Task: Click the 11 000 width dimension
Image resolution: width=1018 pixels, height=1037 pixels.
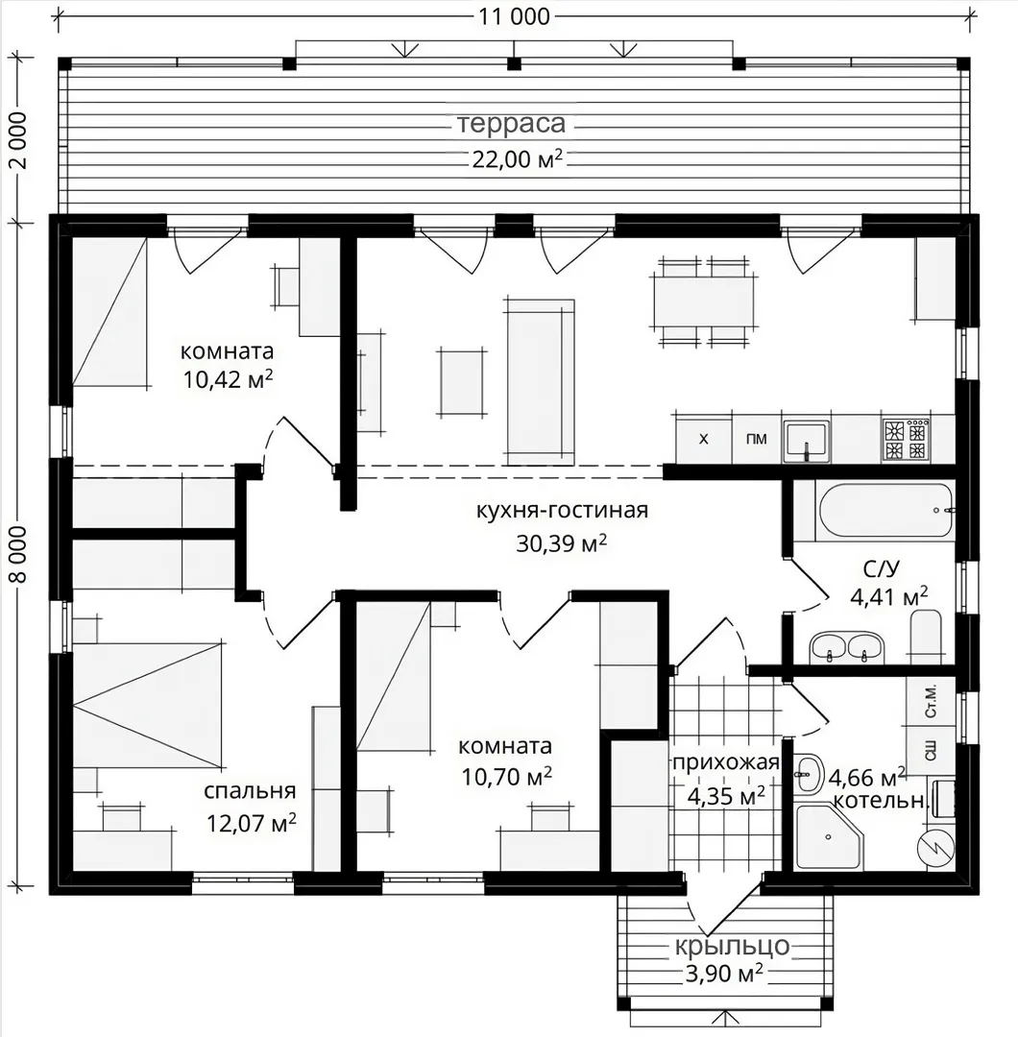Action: point(514,16)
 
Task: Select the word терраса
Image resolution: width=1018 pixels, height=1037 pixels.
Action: point(512,124)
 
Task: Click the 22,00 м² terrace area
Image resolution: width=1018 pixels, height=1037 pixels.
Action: point(518,159)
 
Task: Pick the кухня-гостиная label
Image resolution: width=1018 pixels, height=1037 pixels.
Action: point(562,511)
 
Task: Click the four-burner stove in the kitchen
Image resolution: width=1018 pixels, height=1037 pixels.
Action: point(906,439)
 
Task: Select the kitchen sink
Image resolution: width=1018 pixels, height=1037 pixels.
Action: point(807,440)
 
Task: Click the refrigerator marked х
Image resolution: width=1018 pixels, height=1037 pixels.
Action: point(704,439)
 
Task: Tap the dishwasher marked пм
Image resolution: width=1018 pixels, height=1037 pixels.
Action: point(757,439)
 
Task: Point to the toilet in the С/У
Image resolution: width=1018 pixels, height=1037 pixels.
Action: point(926,637)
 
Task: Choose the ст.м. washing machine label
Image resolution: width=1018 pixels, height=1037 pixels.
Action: point(931,701)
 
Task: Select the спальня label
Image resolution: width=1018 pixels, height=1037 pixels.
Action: point(250,791)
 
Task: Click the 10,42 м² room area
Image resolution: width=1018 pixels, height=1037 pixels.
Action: point(229,379)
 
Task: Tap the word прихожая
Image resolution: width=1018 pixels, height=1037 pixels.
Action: point(726,762)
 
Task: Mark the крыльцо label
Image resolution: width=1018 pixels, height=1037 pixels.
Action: point(732,947)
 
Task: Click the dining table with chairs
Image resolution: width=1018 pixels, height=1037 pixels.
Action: point(705,301)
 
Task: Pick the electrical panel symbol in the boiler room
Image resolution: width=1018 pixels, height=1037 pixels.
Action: point(935,849)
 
